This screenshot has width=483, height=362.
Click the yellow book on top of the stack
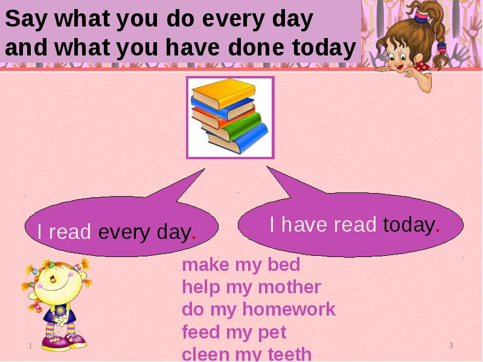pos(223,94)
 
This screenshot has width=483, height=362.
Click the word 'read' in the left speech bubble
pos(70,232)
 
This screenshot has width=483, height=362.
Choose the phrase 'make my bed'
pos(241,265)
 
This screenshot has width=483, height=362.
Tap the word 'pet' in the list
pos(275,332)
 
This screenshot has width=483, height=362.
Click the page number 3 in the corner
pos(451,346)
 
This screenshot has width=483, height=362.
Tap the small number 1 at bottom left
pos(30,345)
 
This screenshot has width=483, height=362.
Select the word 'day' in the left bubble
pos(174,232)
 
